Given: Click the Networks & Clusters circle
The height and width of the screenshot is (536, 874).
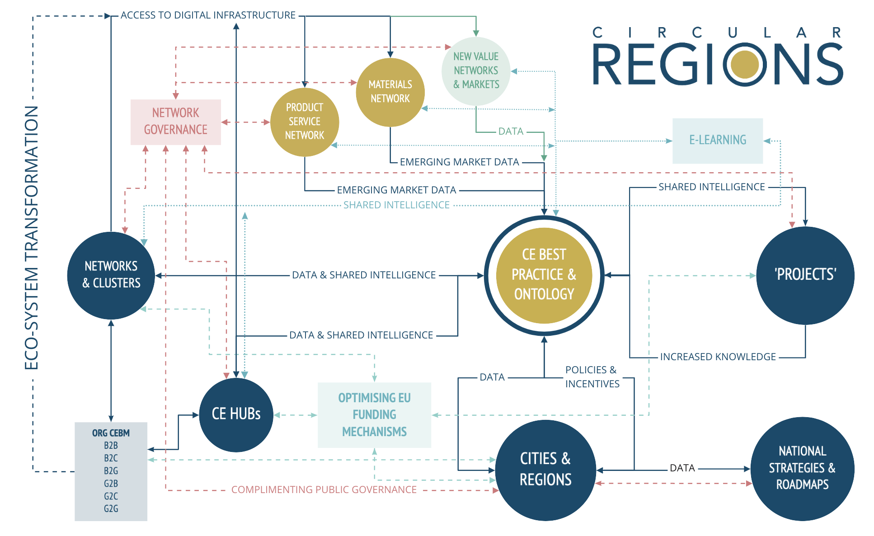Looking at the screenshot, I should [111, 275].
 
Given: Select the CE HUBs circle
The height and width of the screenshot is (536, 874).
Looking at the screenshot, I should [236, 414].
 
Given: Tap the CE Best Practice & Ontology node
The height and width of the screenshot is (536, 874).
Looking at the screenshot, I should [544, 275].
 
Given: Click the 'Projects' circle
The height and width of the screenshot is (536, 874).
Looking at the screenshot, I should [805, 275].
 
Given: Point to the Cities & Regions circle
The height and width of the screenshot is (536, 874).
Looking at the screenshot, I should [545, 470].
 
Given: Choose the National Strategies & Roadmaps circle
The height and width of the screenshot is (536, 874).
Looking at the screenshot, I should [802, 468].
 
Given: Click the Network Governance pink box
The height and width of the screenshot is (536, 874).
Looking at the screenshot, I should [175, 122].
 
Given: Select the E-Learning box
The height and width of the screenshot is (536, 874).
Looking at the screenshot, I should [717, 141].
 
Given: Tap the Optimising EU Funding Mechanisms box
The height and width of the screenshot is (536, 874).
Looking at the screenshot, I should [374, 415].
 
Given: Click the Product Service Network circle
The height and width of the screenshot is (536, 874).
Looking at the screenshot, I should [304, 122].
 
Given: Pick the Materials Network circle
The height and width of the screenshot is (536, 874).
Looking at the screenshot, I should [390, 92].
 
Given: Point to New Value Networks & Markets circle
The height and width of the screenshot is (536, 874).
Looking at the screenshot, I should [476, 71].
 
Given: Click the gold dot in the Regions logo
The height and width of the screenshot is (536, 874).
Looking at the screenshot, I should [744, 64].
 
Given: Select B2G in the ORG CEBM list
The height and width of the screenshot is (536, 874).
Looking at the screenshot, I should [111, 470].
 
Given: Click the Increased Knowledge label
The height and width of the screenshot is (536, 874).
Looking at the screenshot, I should [718, 357].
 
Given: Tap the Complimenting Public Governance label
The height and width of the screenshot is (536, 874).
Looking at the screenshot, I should [324, 490].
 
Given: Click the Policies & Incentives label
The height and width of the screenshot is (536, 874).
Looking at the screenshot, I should [592, 377].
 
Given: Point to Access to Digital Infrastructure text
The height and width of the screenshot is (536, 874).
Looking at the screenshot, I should [208, 15].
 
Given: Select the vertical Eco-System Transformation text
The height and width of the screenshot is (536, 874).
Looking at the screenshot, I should [32, 237].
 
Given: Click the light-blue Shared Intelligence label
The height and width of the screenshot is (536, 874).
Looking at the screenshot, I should [396, 205].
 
